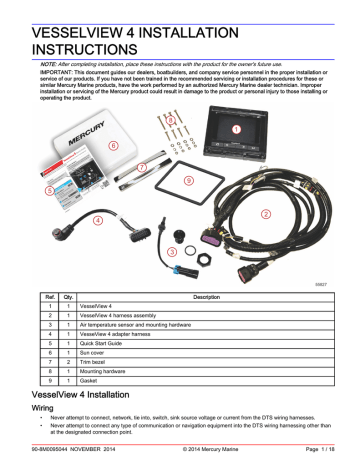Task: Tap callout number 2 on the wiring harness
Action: (x=265, y=213)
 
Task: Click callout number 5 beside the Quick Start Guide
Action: (x=50, y=189)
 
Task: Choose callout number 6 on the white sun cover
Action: (x=113, y=145)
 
